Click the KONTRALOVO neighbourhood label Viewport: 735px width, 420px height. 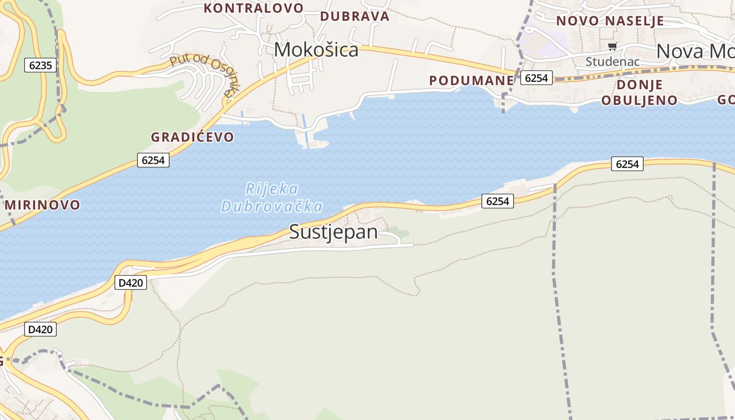(254, 8)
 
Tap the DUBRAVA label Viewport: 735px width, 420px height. (355, 16)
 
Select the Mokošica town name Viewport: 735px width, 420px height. (316, 50)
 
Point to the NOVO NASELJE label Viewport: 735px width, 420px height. (610, 21)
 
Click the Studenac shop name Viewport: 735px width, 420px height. (612, 61)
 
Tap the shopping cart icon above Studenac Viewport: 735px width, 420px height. (613, 47)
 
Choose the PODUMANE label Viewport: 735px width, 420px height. (471, 80)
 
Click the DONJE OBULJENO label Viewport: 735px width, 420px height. (639, 92)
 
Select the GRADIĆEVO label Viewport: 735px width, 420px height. (192, 137)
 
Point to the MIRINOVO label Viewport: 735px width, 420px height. (43, 205)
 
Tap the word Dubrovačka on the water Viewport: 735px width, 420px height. (272, 206)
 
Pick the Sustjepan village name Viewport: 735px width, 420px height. (333, 232)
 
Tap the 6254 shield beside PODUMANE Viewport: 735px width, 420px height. (536, 78)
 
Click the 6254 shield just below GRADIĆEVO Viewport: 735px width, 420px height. (153, 160)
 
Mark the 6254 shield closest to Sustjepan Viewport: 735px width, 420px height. (497, 201)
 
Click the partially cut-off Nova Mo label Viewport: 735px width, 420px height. (695, 51)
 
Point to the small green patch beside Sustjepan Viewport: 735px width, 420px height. (398, 231)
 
